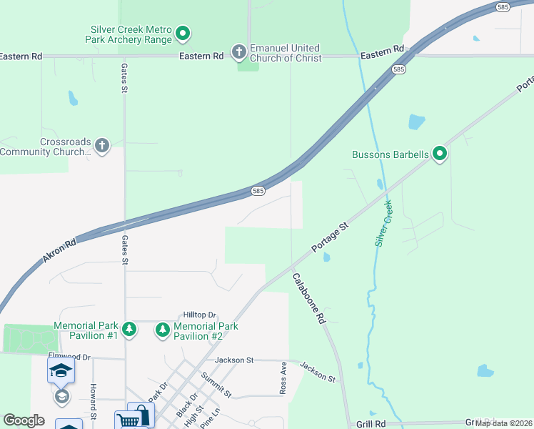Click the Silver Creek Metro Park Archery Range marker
pos(183,33)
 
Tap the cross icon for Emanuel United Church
pos(238,51)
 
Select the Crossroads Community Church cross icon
pos(102,147)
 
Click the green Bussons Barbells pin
pos(440,154)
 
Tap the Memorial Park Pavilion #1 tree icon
pos(129,330)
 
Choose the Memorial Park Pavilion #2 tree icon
pos(163,330)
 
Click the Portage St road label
pos(329,237)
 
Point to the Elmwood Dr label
pos(69,356)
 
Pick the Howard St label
pos(94,401)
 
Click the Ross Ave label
pos(283,378)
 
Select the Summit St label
pos(216,385)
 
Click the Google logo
pos(24,420)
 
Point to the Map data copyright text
pos(503,423)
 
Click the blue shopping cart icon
pos(126,421)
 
